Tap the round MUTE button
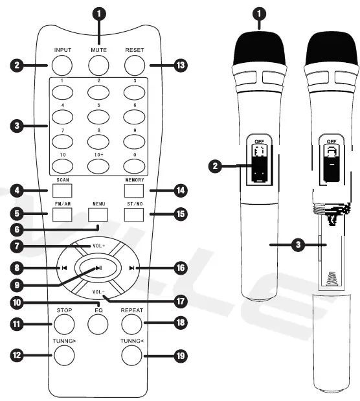(x=98, y=65)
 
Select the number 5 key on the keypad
(x=98, y=117)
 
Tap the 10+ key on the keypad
(x=98, y=166)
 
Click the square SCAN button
(x=62, y=191)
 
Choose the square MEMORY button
(x=134, y=191)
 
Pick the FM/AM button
(x=62, y=212)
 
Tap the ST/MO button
(x=134, y=212)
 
